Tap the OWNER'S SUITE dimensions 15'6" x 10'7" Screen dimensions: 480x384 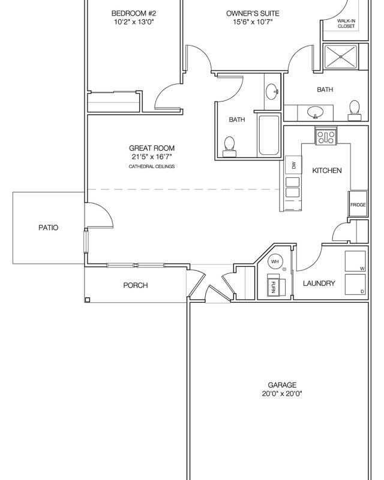(244, 22)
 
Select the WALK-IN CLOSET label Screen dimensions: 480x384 (347, 23)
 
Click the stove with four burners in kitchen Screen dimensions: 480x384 (326, 136)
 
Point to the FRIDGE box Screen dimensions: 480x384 (358, 204)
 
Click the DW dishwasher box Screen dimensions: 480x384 (294, 165)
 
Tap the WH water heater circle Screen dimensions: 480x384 (275, 261)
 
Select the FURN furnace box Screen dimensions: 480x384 (273, 285)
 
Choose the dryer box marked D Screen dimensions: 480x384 (356, 285)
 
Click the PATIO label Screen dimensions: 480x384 (48, 228)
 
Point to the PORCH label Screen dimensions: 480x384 (135, 285)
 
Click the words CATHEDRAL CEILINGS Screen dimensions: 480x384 (152, 166)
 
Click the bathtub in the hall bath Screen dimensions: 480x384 (268, 135)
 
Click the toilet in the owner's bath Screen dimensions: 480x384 (355, 109)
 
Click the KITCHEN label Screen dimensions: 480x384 (327, 171)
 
